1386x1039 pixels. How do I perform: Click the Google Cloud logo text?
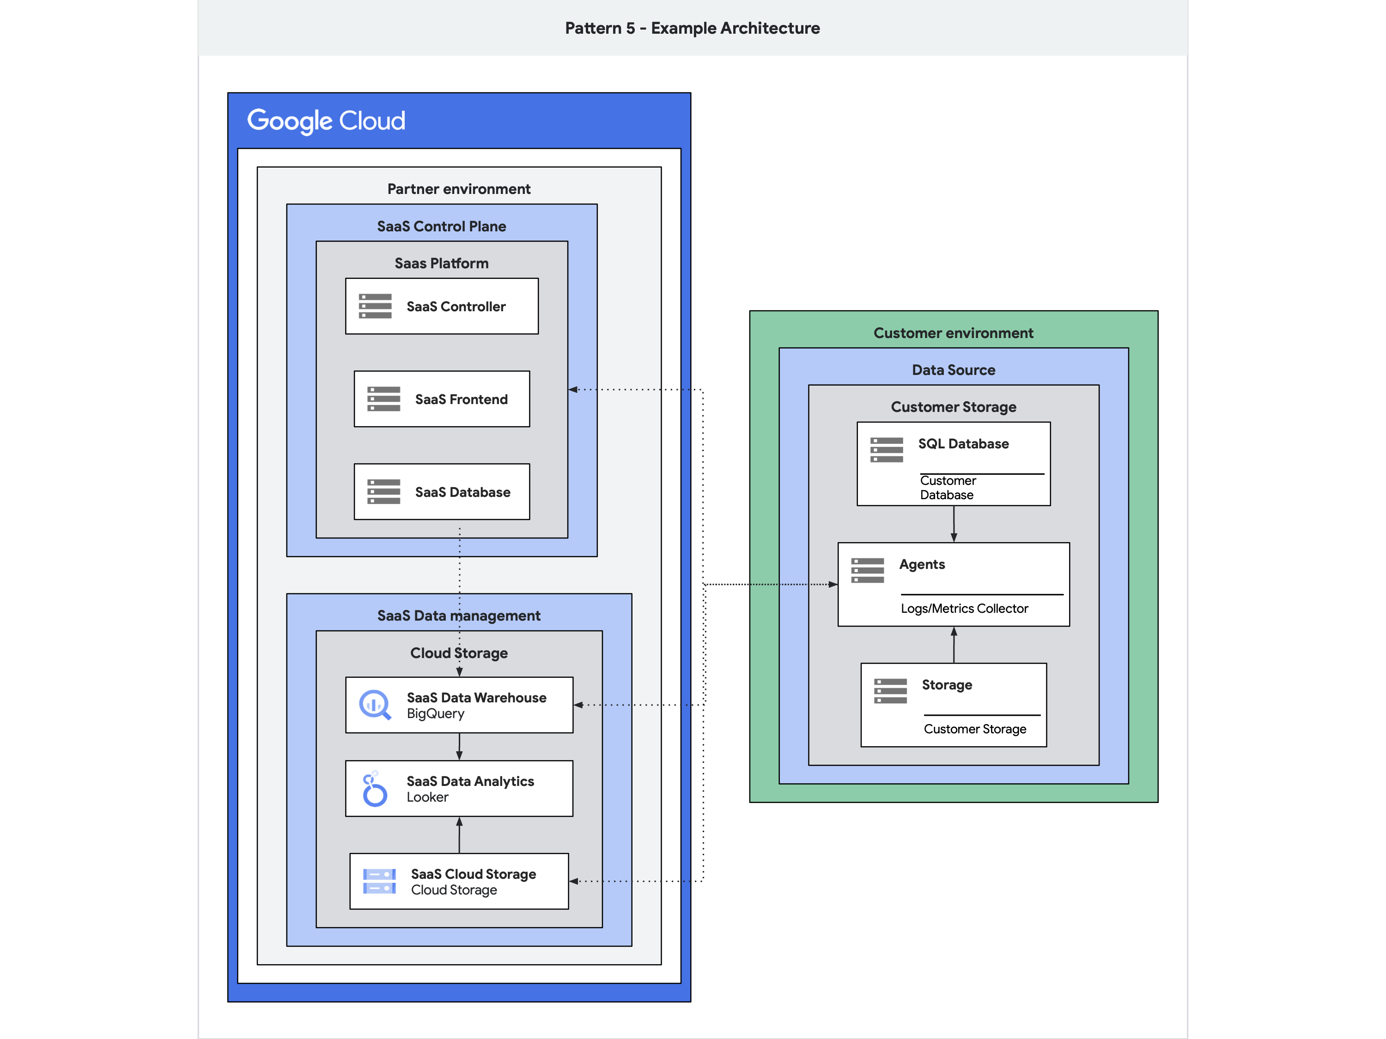click(x=326, y=120)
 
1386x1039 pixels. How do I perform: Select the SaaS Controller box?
click(x=442, y=306)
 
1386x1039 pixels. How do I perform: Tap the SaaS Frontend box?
click(x=442, y=399)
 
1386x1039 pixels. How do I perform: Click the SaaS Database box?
click(x=442, y=492)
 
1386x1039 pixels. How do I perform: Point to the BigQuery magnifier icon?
click(x=375, y=705)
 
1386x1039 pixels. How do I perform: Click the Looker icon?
click(x=375, y=789)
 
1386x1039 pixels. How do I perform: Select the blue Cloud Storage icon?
click(x=379, y=881)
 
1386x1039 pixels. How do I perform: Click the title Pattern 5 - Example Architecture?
click(x=693, y=28)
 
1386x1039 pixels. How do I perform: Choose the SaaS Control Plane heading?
click(x=442, y=226)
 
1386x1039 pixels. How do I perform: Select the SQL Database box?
click(x=953, y=464)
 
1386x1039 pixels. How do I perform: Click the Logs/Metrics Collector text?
click(x=964, y=609)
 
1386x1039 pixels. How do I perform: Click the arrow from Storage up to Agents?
click(x=954, y=645)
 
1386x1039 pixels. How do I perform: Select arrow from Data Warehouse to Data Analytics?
click(x=459, y=747)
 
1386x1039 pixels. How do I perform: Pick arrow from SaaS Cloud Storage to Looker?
click(x=459, y=835)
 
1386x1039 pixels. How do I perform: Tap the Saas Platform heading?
click(x=442, y=264)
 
